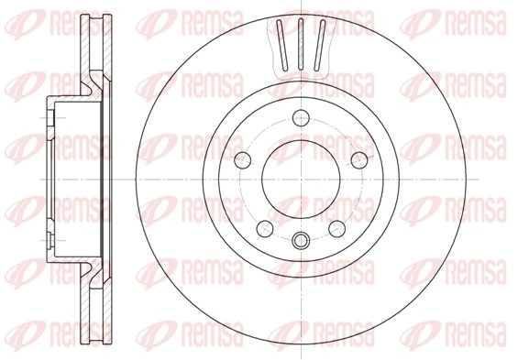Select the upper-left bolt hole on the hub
(245, 160)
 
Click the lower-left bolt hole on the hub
(264, 227)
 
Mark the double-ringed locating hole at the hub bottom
(300, 243)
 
